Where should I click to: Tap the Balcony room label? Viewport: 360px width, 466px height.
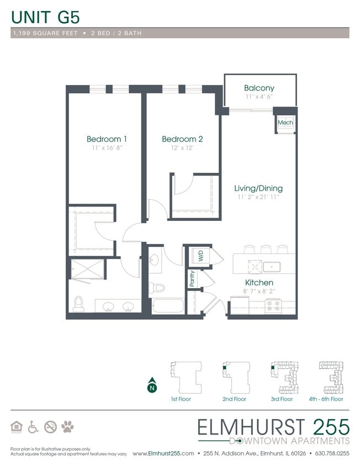point(259,88)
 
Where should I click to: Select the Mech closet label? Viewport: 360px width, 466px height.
point(285,123)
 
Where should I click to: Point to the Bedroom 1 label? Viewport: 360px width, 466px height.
point(107,139)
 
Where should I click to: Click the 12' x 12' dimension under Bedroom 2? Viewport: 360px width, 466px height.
point(182,148)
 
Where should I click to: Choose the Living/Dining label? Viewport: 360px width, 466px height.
point(258,188)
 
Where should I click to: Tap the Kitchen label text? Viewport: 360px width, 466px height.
point(258,282)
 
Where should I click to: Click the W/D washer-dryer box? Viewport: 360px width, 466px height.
point(197,256)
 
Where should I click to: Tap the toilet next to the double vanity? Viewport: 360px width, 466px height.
point(78,304)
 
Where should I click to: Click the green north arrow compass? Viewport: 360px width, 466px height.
point(151,386)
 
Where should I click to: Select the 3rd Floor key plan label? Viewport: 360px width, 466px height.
point(282,399)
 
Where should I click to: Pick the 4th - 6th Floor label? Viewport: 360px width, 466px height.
point(326,399)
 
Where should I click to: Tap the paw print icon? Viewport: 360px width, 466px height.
point(67,426)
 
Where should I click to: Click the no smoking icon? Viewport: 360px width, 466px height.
point(50,426)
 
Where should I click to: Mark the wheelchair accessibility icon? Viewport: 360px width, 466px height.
point(33,426)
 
